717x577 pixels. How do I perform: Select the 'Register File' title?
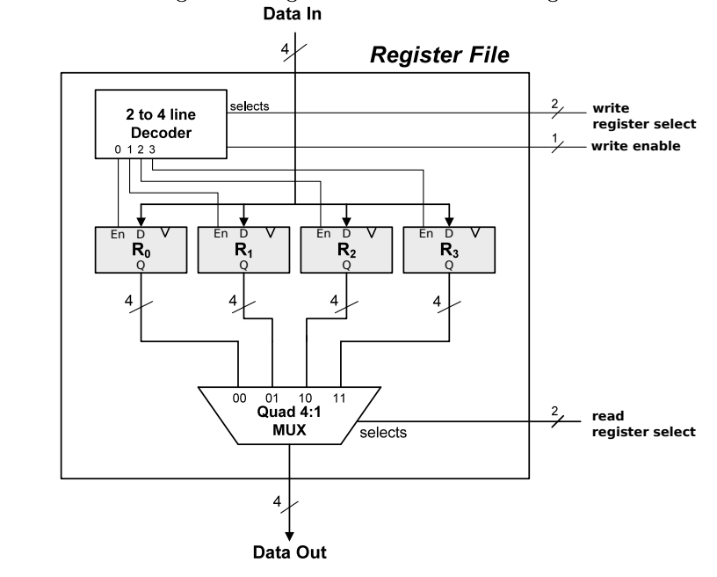[x=439, y=58]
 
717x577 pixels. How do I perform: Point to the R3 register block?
[x=448, y=250]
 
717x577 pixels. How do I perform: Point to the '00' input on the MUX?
[x=239, y=397]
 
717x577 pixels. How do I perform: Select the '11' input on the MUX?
[x=339, y=397]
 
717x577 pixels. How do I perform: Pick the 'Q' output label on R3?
[x=449, y=263]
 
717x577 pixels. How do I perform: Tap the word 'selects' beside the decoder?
[x=250, y=106]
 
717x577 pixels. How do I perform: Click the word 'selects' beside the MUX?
[x=383, y=433]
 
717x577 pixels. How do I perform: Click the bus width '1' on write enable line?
[x=554, y=135]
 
